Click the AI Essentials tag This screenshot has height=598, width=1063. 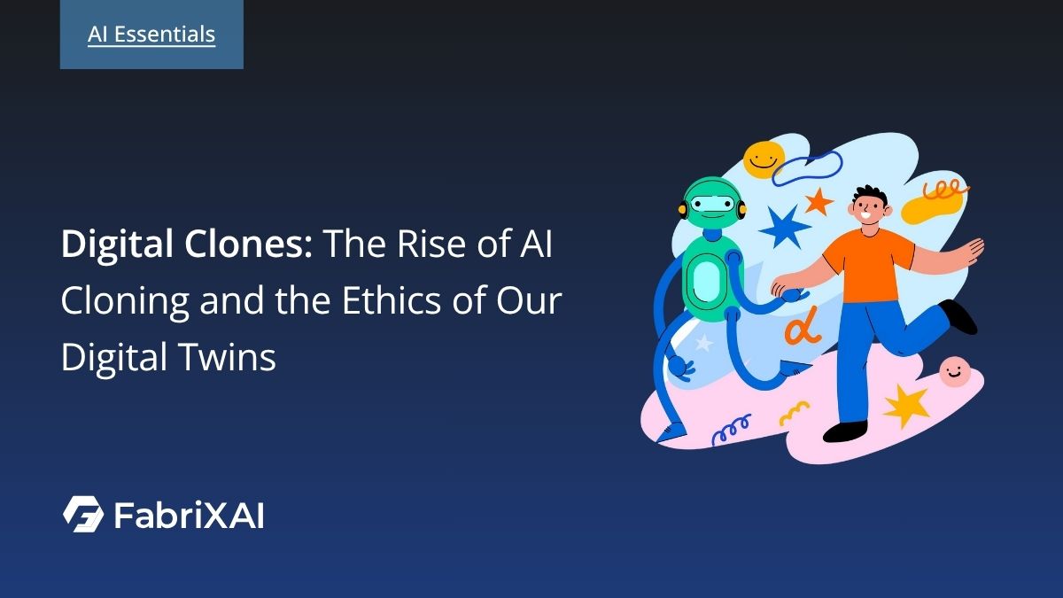point(151,35)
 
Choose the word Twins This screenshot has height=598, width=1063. point(232,359)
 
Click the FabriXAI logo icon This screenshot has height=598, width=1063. point(83,514)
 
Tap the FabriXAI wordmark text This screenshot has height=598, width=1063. point(189,515)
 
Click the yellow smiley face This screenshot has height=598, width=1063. point(764,159)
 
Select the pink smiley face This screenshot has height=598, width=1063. point(954,372)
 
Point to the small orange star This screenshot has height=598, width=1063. point(819,201)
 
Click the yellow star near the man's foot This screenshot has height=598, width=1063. point(905,405)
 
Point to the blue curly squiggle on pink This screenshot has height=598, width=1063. point(731,429)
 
